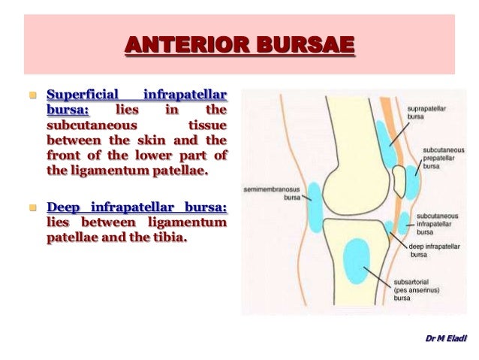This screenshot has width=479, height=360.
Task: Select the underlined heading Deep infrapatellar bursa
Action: click(137, 207)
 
